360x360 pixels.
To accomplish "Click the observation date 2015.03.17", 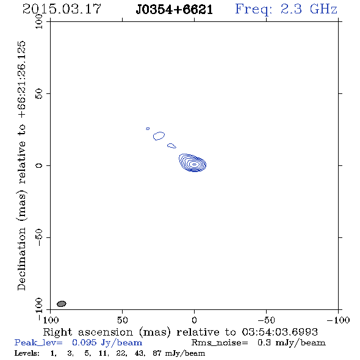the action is click(x=62, y=9).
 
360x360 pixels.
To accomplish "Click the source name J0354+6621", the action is click(x=175, y=10).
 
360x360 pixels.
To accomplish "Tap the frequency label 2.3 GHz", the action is click(x=309, y=9).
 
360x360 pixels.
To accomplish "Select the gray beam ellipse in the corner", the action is click(x=61, y=304).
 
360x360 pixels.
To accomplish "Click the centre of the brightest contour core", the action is click(x=194, y=164).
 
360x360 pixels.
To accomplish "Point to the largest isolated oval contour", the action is click(x=159, y=136).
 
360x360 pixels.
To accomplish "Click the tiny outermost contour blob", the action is click(x=148, y=129).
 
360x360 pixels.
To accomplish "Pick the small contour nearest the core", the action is click(x=171, y=146).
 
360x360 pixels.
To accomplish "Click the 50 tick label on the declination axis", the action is click(x=39, y=93).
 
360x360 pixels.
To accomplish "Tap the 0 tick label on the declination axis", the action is click(x=39, y=165).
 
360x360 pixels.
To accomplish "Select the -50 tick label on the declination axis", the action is click(x=39, y=237).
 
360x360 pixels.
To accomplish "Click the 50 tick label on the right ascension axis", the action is click(x=122, y=320).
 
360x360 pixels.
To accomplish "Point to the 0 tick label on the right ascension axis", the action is click(x=194, y=320).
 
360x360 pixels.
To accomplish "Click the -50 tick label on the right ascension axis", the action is click(x=266, y=320).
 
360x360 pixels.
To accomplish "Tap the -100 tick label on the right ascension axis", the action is click(x=338, y=320).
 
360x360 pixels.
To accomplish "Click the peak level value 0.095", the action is click(x=84, y=342).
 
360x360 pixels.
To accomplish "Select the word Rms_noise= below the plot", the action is click(x=220, y=343).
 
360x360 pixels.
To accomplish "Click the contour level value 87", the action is click(x=157, y=353).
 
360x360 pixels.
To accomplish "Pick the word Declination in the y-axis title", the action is click(x=21, y=259).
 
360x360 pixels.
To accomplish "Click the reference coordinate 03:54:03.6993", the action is click(x=279, y=332).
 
